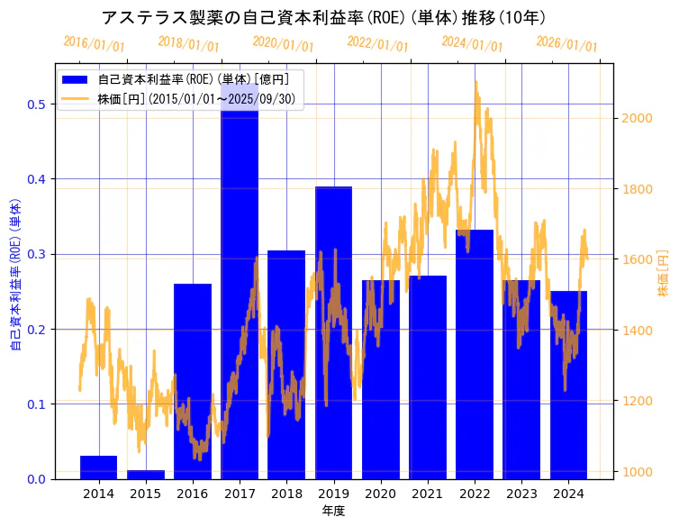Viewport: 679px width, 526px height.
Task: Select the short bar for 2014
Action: click(98, 467)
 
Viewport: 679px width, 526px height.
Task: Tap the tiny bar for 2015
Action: click(146, 474)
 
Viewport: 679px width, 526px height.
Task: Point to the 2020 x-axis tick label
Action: click(380, 494)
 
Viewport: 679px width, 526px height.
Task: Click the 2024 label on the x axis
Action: click(568, 494)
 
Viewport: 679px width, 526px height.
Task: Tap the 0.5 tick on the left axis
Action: click(36, 104)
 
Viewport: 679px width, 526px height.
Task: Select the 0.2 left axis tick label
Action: click(36, 330)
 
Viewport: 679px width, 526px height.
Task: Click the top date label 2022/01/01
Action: click(377, 43)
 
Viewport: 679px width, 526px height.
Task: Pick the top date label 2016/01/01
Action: click(95, 43)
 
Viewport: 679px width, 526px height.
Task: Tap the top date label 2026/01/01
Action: click(566, 43)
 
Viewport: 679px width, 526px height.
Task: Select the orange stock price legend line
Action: click(76, 98)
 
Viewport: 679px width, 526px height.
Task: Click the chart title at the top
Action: click(323, 17)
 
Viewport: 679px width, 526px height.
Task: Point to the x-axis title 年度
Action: click(333, 511)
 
